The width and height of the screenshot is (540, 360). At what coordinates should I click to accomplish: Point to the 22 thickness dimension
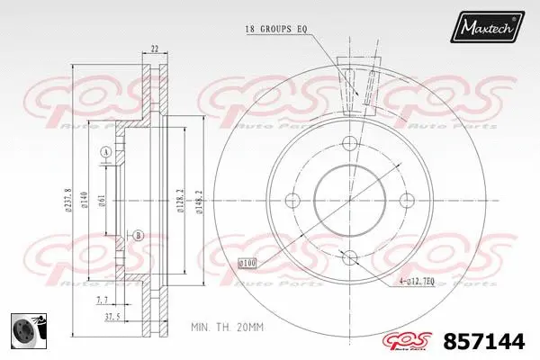pyautogui.click(x=154, y=48)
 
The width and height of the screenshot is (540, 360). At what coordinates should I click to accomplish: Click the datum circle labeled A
pyautogui.click(x=104, y=154)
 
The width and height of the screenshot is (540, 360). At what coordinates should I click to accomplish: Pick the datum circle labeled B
pyautogui.click(x=138, y=236)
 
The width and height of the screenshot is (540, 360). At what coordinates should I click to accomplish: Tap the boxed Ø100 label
pyautogui.click(x=247, y=262)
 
